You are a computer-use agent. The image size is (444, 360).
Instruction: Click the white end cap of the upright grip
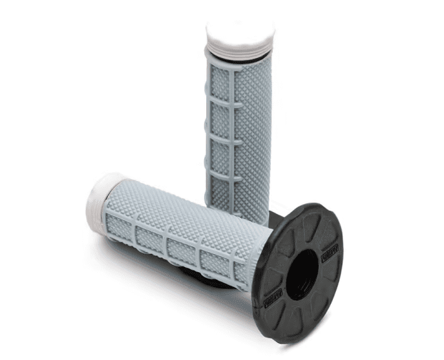240,32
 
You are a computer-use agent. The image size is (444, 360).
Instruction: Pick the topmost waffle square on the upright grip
220,90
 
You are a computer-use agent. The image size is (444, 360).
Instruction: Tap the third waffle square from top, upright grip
222,153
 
